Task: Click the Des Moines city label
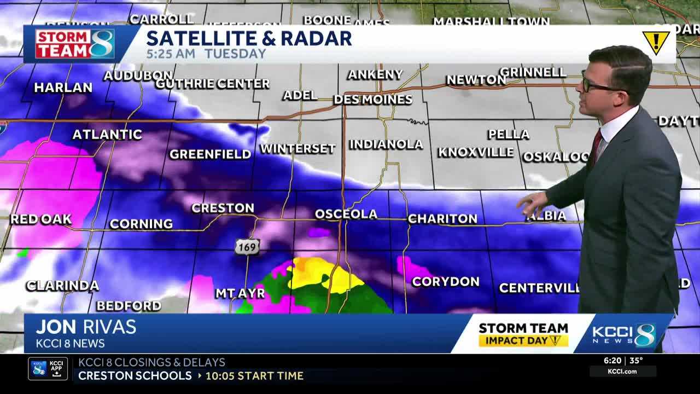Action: (373, 100)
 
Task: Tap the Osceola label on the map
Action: (346, 214)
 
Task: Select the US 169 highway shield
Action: (247, 247)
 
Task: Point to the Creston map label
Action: (223, 208)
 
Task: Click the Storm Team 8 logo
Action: (74, 44)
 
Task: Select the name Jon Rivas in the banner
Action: (86, 327)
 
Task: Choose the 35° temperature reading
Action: (636, 361)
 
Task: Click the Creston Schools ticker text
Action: (135, 376)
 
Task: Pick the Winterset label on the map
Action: (297, 148)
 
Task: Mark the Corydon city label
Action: (445, 282)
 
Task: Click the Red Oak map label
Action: (41, 219)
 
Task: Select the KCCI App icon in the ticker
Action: (48, 368)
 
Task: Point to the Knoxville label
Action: (475, 152)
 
